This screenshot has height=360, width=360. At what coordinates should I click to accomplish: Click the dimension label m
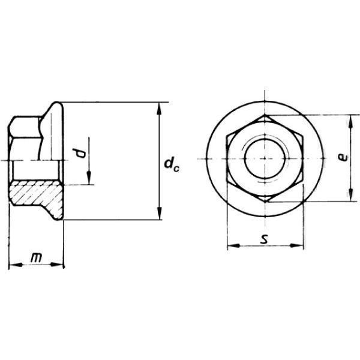tap(36, 258)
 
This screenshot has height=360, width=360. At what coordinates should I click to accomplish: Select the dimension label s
tap(265, 239)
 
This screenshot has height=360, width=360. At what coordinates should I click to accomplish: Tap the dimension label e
tap(343, 157)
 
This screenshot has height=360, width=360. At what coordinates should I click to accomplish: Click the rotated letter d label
tap(79, 153)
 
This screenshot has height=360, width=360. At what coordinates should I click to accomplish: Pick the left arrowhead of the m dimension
tap(16, 265)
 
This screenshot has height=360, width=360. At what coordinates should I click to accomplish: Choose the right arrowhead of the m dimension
tap(56, 265)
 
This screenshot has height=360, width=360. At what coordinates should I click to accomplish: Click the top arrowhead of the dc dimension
tap(160, 109)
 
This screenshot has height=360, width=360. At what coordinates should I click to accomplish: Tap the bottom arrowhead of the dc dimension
tap(160, 213)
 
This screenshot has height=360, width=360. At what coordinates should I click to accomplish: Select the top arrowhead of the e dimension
tap(350, 122)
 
